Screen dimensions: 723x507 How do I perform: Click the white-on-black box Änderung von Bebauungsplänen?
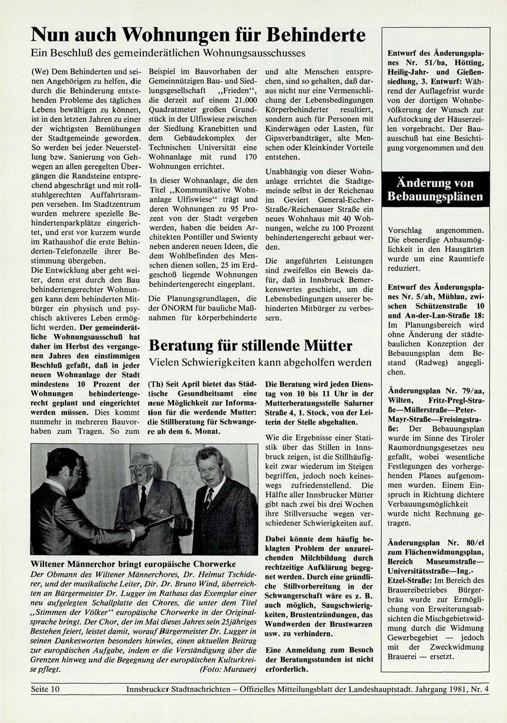coord(435,190)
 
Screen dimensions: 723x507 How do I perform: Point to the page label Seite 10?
coord(45,689)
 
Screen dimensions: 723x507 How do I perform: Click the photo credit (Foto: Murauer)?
coord(227,669)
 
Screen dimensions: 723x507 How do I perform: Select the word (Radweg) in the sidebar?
coord(433,363)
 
